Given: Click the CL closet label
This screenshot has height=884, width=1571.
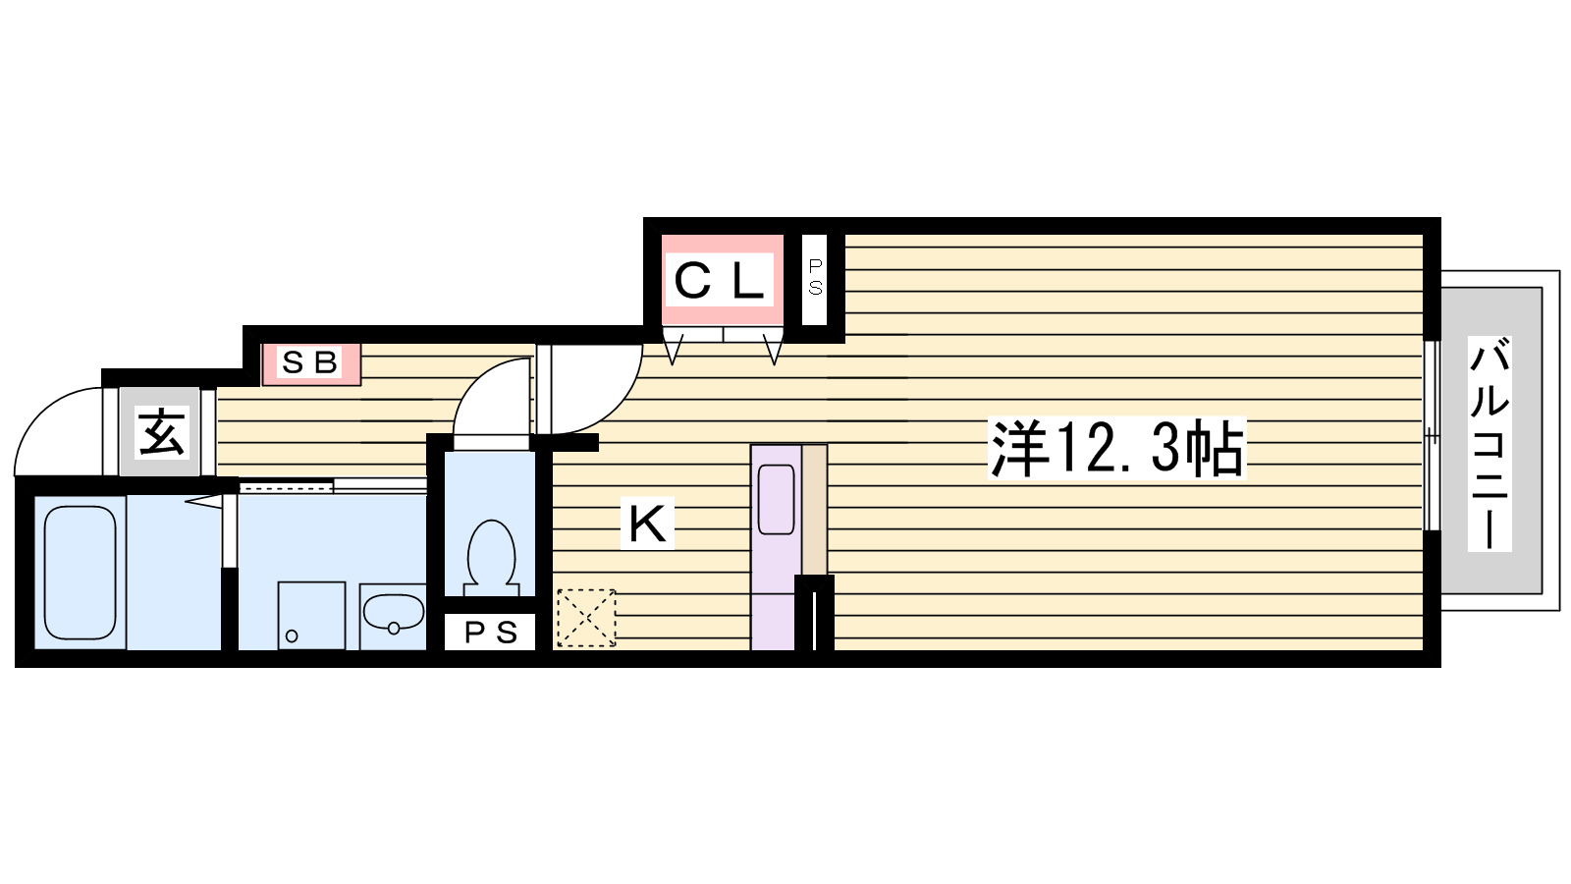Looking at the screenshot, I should pyautogui.click(x=721, y=282).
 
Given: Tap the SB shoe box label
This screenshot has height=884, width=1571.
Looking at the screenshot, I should pyautogui.click(x=310, y=363).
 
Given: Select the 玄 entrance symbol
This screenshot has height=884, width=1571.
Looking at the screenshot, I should pyautogui.click(x=160, y=433).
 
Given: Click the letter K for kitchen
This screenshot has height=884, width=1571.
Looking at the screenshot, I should pyautogui.click(x=648, y=525).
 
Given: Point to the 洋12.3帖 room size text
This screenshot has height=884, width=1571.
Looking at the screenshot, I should pyautogui.click(x=1115, y=449).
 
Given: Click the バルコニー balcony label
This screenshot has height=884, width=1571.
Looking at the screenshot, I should pyautogui.click(x=1490, y=443).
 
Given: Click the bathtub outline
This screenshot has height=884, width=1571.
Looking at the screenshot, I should pyautogui.click(x=81, y=571).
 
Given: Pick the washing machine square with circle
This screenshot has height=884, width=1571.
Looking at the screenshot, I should pyautogui.click(x=311, y=616).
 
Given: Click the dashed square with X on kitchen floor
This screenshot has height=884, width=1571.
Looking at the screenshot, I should pyautogui.click(x=585, y=619).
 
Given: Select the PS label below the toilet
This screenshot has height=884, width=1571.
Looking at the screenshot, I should pyautogui.click(x=490, y=634).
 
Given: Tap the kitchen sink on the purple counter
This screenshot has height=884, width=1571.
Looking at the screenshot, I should pyautogui.click(x=776, y=500).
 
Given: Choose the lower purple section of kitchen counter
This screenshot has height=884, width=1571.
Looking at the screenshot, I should pyautogui.click(x=773, y=619).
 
